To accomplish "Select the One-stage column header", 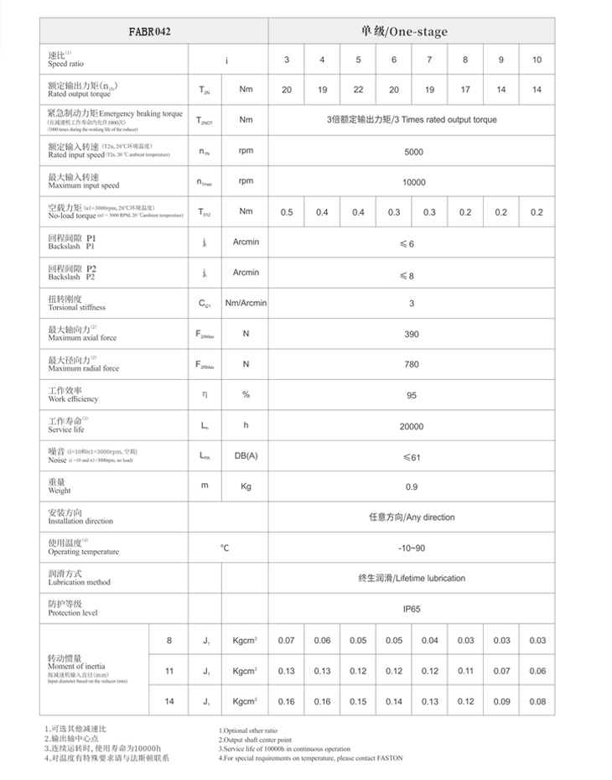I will tap(411, 32).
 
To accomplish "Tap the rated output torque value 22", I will tap(358, 89).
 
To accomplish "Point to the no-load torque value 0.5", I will tap(287, 212).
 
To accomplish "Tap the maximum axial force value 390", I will tap(412, 334).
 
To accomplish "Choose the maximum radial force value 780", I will tap(412, 364).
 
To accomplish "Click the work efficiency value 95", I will tap(412, 394).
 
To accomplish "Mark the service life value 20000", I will tap(412, 426).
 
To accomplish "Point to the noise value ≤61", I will tap(411, 456).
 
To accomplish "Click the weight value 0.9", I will tap(412, 486).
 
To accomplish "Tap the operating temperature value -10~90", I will tap(412, 547).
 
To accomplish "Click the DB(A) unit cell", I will tap(246, 455).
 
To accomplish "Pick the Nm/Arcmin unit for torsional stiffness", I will tap(245, 303).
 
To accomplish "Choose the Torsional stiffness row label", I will tap(77, 303).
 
